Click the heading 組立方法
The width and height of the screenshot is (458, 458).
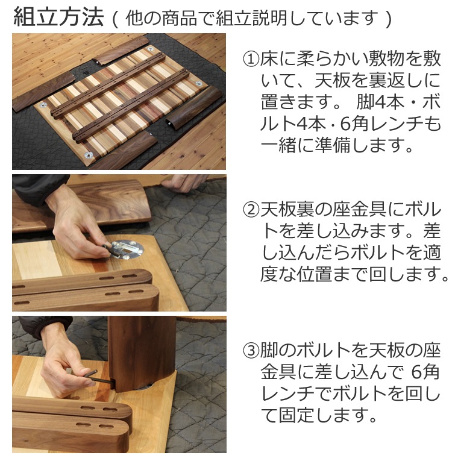point(58,17)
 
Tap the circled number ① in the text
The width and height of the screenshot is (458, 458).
point(251,59)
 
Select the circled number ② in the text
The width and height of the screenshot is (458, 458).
point(251,210)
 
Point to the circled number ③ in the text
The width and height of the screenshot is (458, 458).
point(251,351)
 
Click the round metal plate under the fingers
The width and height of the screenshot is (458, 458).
point(128,249)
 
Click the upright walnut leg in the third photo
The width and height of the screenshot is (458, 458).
point(142,353)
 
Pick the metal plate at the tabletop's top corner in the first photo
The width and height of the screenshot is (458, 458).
point(150,49)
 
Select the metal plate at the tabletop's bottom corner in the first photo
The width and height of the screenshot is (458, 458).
point(88,155)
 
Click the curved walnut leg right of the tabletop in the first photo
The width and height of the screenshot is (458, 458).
point(193,107)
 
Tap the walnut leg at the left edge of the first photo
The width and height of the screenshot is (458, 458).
point(44,90)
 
